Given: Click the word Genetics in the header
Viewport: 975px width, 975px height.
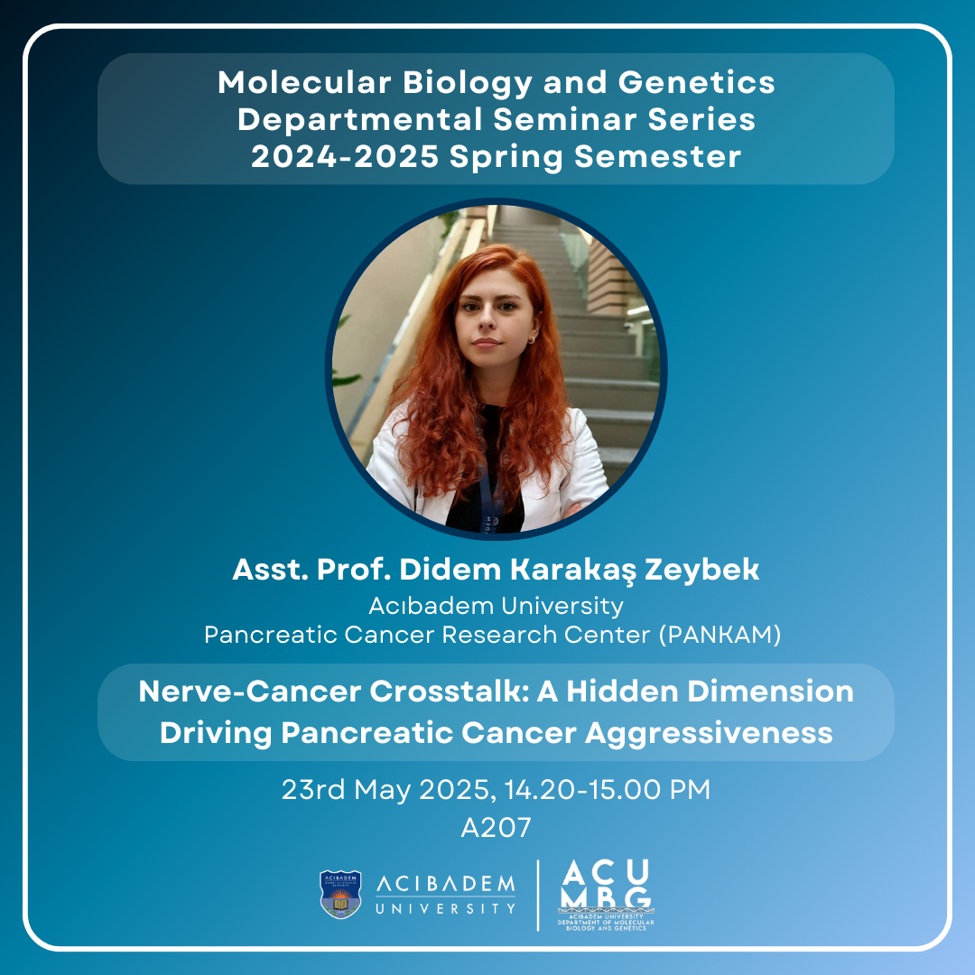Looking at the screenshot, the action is (x=696, y=82).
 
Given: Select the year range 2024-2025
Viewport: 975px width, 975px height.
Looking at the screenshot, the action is (x=345, y=156).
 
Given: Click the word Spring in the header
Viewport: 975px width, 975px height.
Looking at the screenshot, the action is (x=506, y=157).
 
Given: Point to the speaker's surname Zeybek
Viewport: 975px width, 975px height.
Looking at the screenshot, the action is (x=701, y=571).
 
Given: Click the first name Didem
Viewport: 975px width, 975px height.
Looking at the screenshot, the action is (x=450, y=569).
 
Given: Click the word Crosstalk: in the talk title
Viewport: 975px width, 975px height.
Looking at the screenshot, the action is (x=449, y=692).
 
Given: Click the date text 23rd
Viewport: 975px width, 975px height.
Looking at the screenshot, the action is (x=312, y=790).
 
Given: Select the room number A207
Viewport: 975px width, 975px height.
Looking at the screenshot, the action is (x=497, y=828).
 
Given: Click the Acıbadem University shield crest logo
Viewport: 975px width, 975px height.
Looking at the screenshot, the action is (x=340, y=894).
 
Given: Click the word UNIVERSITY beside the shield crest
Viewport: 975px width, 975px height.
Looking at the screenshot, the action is (x=445, y=909).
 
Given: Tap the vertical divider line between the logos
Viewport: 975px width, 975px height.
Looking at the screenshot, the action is (x=538, y=896).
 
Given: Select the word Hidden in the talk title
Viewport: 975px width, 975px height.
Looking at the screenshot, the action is (x=622, y=692).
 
